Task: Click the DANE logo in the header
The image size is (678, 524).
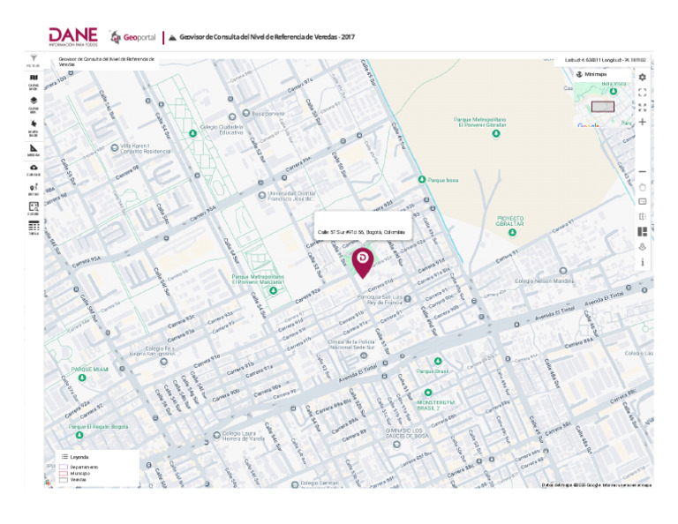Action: coord(73,36)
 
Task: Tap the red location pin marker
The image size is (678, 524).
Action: coord(363,260)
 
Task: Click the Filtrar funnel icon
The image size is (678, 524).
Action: coord(34,58)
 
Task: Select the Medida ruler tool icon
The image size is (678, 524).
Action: coord(34,147)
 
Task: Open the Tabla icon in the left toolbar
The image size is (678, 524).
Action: coord(34,227)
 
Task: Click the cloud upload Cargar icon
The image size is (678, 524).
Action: coord(34,168)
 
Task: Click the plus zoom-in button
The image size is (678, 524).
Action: coord(642,123)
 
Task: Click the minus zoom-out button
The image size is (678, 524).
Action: coord(642,172)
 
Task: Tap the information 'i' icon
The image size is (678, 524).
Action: coord(642,262)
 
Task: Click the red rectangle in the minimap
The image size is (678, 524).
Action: coord(602,107)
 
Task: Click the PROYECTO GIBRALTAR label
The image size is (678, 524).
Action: coord(509,221)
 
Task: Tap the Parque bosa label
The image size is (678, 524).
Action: coord(442,180)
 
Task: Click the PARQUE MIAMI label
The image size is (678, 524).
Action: coord(89,369)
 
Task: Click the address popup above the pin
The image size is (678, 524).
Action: coord(361,232)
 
